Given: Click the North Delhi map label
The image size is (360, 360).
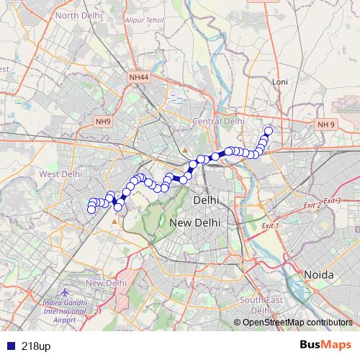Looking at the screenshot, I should [x=77, y=14].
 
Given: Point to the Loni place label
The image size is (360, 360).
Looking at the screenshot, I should [x=280, y=82].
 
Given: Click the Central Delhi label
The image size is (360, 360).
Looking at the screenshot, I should [x=218, y=122].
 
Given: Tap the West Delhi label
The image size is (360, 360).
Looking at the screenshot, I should [x=61, y=174].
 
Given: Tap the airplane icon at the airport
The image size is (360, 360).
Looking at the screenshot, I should [x=67, y=293].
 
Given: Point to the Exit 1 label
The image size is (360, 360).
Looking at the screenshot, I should [x=269, y=225].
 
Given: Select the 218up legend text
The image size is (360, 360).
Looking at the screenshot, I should [x=36, y=346].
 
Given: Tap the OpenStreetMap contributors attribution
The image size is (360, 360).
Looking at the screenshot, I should [x=297, y=323].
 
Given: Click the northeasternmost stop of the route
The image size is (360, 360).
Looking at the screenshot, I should [x=269, y=131].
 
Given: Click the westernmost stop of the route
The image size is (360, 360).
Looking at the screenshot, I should [x=91, y=210].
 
